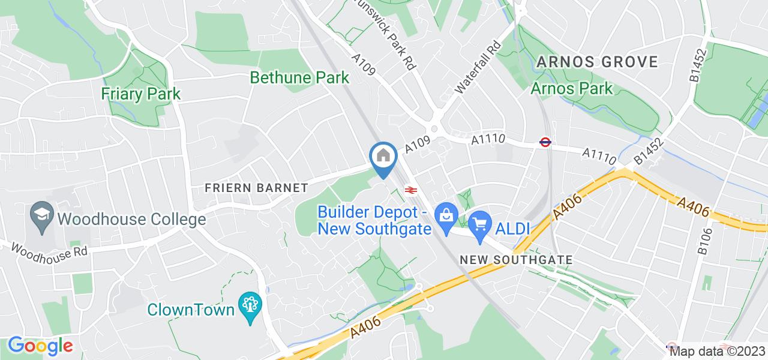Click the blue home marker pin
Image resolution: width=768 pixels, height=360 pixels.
(x=383, y=158)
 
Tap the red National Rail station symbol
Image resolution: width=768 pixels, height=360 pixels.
(x=411, y=190)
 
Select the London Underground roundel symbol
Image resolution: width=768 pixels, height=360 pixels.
(x=545, y=142)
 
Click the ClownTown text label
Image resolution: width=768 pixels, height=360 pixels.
(x=191, y=310)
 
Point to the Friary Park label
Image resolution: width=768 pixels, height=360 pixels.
(x=141, y=94)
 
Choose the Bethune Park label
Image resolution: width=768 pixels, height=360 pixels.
(x=299, y=77)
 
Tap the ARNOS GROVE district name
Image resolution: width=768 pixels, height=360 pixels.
(x=597, y=61)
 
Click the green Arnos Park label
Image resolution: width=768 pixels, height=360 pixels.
(x=572, y=89)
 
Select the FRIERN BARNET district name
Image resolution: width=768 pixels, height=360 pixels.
(x=256, y=188)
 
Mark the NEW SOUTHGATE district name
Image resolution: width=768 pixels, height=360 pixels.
(x=515, y=260)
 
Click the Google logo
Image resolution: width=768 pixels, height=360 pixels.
(x=40, y=346)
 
